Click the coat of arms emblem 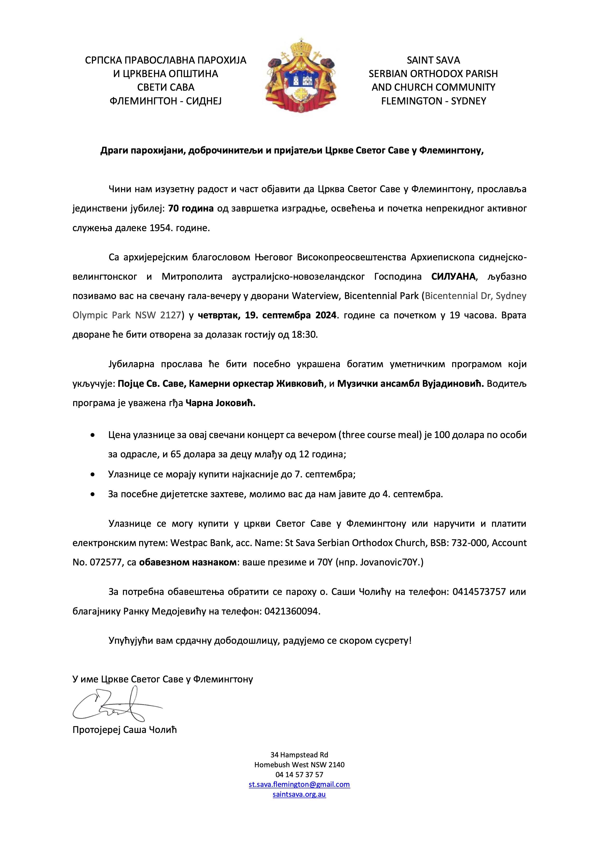pos(300,76)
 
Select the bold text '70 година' pos(191,208)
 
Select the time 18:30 pos(305,335)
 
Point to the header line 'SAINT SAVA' pos(433,60)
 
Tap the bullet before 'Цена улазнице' pos(92,435)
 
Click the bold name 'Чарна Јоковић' pos(220,403)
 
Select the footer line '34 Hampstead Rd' pos(299,754)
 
